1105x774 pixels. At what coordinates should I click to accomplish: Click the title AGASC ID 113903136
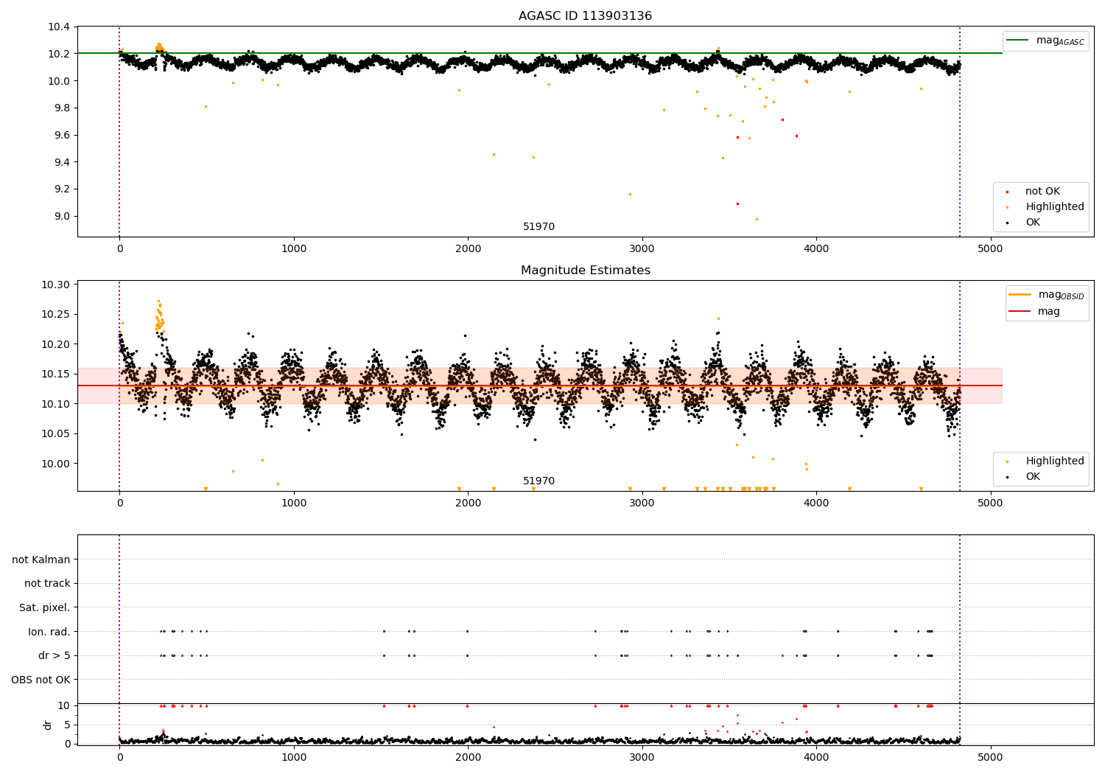[x=585, y=16]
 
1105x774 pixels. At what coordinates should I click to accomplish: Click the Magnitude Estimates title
[x=585, y=271]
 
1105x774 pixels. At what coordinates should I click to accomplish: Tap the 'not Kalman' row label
[x=41, y=559]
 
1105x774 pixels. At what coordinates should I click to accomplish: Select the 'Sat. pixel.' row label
[x=44, y=607]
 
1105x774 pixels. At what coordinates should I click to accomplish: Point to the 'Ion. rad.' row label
[x=49, y=632]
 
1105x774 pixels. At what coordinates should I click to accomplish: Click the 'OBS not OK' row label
[x=41, y=680]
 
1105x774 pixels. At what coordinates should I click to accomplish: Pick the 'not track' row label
[x=47, y=584]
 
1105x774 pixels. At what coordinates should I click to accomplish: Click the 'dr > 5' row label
[x=54, y=655]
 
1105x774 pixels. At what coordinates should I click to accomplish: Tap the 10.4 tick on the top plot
[x=59, y=27]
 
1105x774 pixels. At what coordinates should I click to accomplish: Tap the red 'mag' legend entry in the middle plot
[x=1048, y=312]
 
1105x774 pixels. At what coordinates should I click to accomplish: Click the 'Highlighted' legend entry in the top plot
[x=1054, y=207]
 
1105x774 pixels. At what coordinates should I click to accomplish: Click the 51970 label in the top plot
[x=539, y=227]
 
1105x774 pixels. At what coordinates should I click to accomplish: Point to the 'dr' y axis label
[x=48, y=725]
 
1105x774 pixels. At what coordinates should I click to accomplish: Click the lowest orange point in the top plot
[x=756, y=219]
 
